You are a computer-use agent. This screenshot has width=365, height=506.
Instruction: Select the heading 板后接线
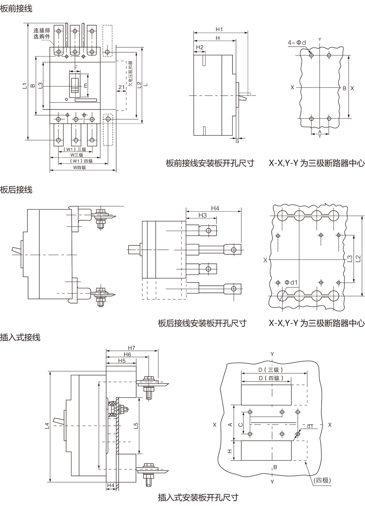[x=16, y=189]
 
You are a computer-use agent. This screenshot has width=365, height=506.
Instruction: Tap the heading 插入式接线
[x=20, y=337]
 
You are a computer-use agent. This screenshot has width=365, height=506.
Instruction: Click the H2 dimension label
[x=199, y=47]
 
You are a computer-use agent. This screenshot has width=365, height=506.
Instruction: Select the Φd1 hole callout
[x=291, y=282]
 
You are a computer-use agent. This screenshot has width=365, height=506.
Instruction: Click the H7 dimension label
[x=131, y=348]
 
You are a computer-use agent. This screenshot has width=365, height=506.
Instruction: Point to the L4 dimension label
[x=47, y=425]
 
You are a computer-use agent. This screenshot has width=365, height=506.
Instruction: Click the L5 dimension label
[x=136, y=425]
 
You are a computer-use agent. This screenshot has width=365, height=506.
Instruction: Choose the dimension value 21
[x=121, y=87]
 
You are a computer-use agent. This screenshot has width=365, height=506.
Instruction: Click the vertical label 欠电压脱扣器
[x=130, y=76]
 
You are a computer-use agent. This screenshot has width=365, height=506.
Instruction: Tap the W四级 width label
[x=79, y=167]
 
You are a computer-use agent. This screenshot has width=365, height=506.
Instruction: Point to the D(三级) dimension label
[x=271, y=370]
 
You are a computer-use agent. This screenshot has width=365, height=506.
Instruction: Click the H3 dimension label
[x=203, y=215]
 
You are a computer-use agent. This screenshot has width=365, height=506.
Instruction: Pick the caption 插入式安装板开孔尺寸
[x=198, y=497]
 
